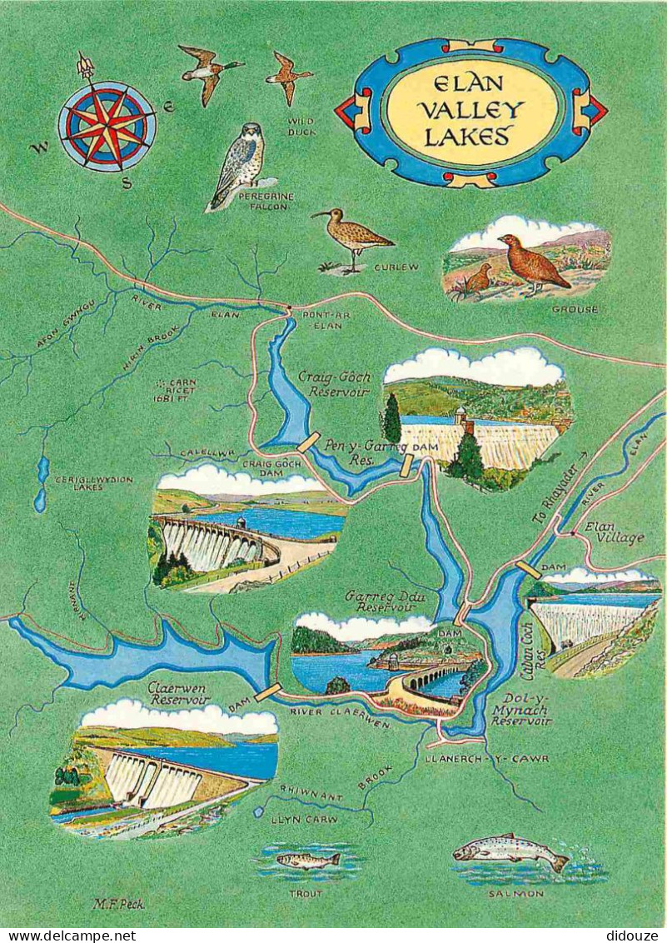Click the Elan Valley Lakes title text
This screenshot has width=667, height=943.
(x=472, y=112)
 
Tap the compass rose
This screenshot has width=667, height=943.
(x=107, y=126)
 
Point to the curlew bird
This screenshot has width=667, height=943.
(x=352, y=237)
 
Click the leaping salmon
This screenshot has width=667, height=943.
(x=509, y=851)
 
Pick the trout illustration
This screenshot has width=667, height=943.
(x=308, y=860)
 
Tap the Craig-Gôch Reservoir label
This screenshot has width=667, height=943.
(x=334, y=384)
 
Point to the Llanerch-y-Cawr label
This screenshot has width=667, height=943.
(x=485, y=759)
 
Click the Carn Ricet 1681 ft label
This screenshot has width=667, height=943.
(x=174, y=387)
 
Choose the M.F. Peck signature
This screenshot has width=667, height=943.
(x=118, y=904)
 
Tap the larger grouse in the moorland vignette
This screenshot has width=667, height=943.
(x=532, y=262)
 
